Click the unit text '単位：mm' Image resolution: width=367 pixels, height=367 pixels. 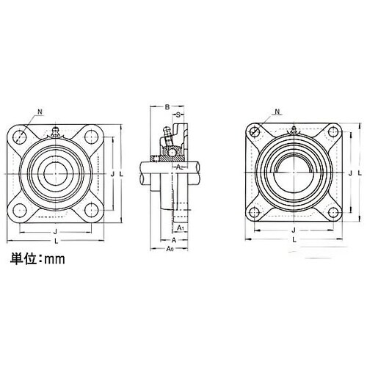(x=36, y=258)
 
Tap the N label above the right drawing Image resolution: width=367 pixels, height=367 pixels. (x=277, y=112)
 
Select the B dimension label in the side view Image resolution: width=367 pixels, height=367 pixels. (x=167, y=107)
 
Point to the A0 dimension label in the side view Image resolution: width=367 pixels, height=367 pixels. (x=171, y=250)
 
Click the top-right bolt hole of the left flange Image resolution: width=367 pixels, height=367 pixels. (x=90, y=136)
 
